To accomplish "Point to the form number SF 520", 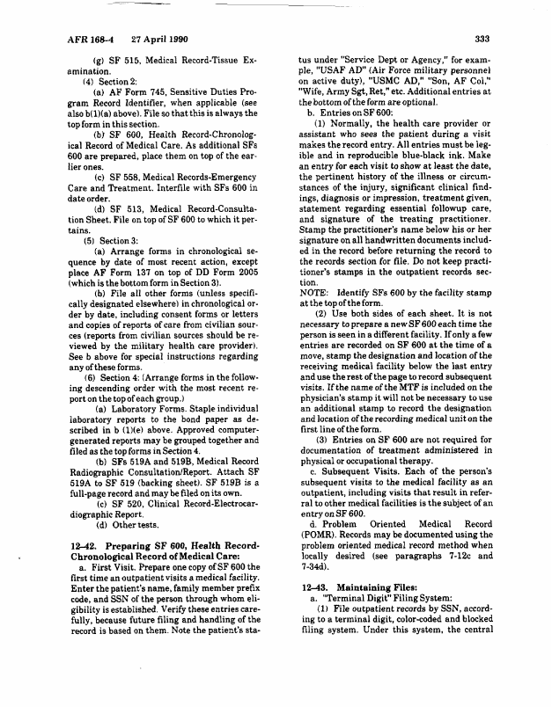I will coord(126,504).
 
